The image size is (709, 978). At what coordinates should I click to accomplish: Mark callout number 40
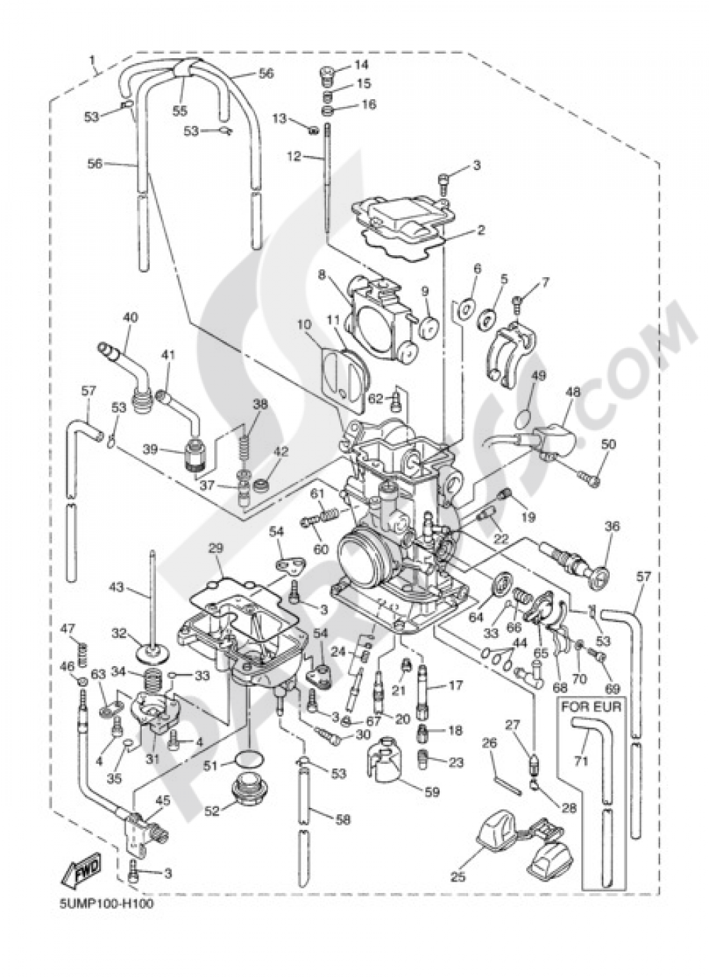point(129,317)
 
